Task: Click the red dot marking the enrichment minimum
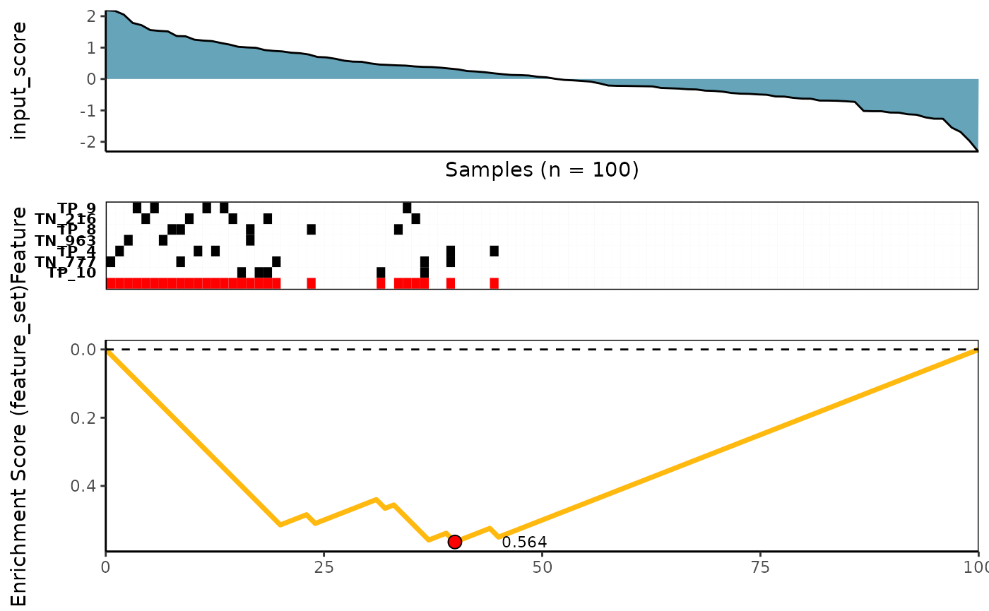tap(455, 542)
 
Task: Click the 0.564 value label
tap(524, 542)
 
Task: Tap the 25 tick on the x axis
tap(324, 567)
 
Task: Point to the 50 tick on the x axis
tap(542, 567)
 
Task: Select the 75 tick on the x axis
tap(760, 567)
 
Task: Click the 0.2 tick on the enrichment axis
tap(85, 418)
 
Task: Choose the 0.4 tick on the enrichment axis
tap(85, 486)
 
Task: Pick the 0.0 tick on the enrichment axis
tap(85, 350)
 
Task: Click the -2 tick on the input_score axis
tap(90, 142)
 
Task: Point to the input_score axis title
tap(20, 81)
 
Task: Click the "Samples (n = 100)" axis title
tap(542, 170)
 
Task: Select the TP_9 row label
tap(76, 208)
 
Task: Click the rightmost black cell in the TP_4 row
tap(494, 251)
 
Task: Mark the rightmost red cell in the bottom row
tap(494, 283)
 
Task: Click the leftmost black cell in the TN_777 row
tap(110, 262)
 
